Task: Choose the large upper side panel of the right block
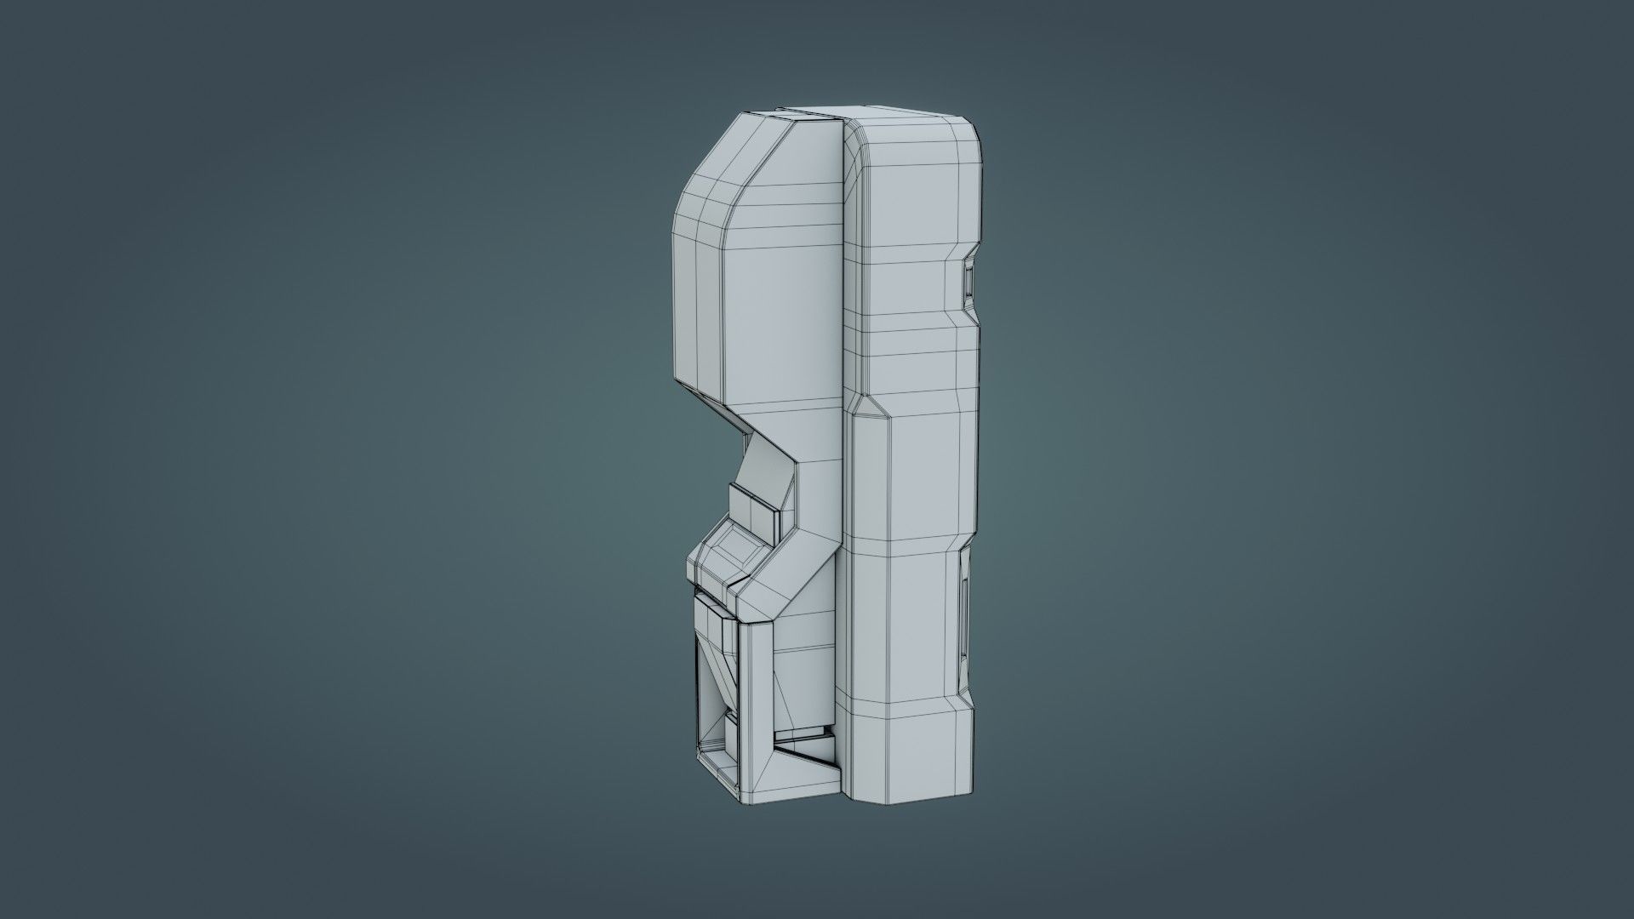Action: pos(911,213)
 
